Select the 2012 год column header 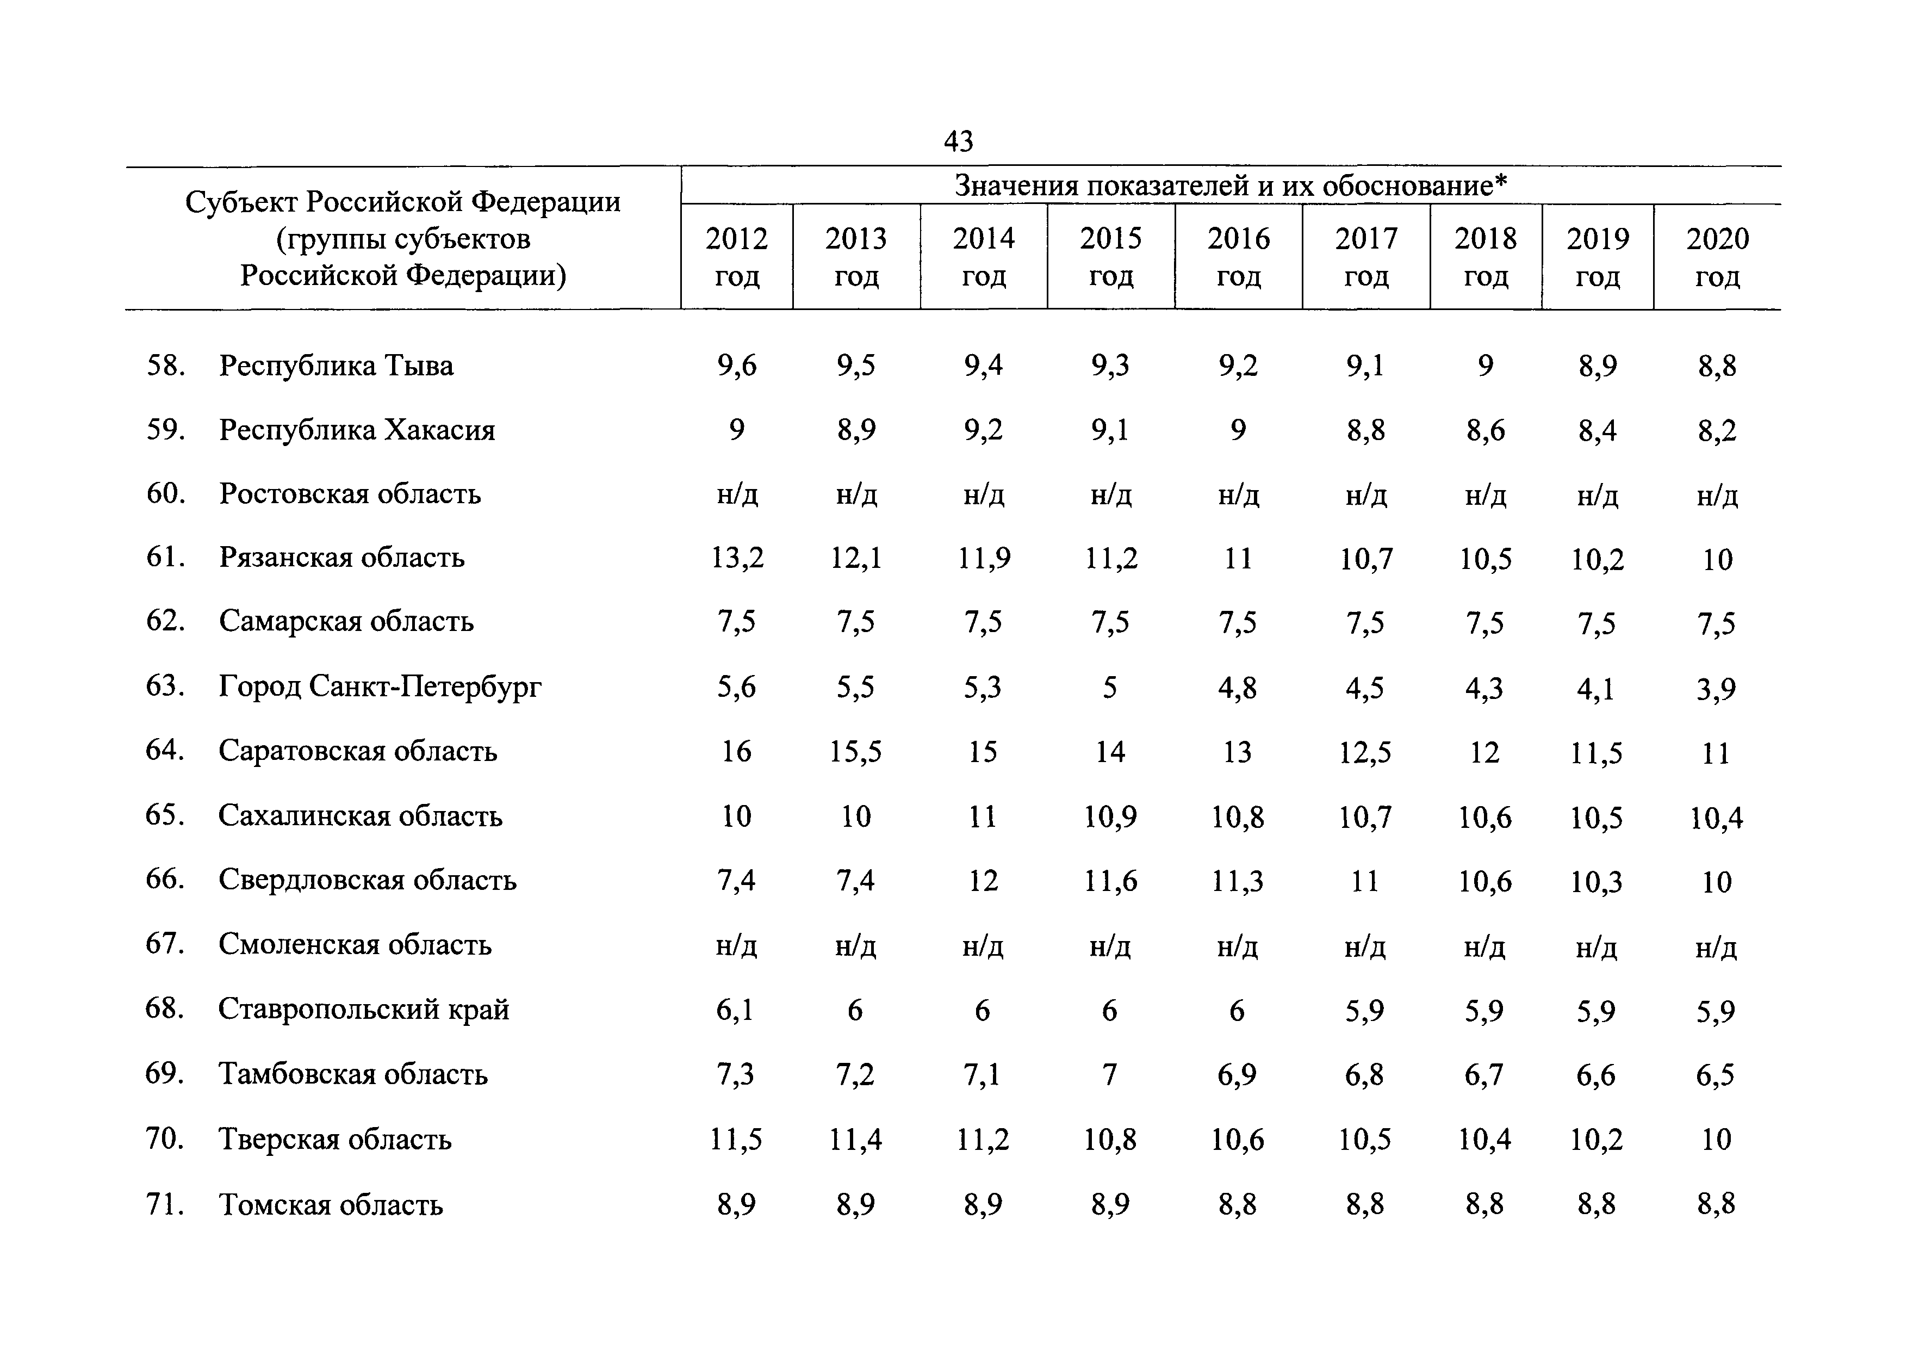point(737,257)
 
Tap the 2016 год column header point(1238,257)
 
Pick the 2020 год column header point(1717,257)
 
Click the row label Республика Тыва point(337,366)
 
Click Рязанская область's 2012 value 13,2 point(737,558)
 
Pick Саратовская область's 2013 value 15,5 point(855,752)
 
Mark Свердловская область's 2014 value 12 point(983,881)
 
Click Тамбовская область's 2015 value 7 point(1110,1074)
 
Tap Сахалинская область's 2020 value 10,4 point(1716,818)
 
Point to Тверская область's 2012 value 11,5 point(736,1139)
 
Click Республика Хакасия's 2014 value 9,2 point(983,430)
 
